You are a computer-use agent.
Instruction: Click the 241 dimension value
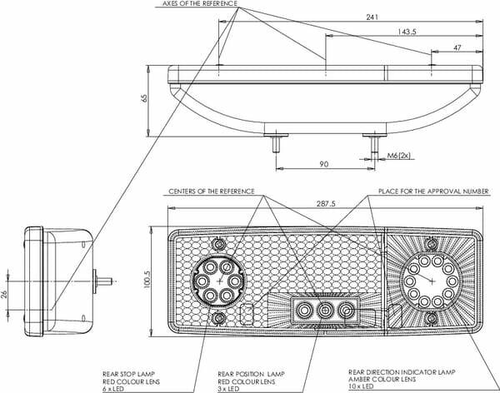[x=372, y=17]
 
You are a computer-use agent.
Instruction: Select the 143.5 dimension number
[x=407, y=32]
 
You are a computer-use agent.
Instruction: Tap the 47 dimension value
[x=457, y=47]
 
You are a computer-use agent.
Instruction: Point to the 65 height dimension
[x=144, y=98]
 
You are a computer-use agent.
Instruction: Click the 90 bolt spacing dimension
[x=323, y=164]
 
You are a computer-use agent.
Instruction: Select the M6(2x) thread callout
[x=398, y=156]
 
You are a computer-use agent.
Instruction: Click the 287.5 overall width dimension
[x=326, y=203]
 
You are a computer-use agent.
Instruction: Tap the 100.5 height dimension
[x=147, y=280]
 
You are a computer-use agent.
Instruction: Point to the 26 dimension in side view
[x=4, y=294]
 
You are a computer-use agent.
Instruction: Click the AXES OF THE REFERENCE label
[x=200, y=4]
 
